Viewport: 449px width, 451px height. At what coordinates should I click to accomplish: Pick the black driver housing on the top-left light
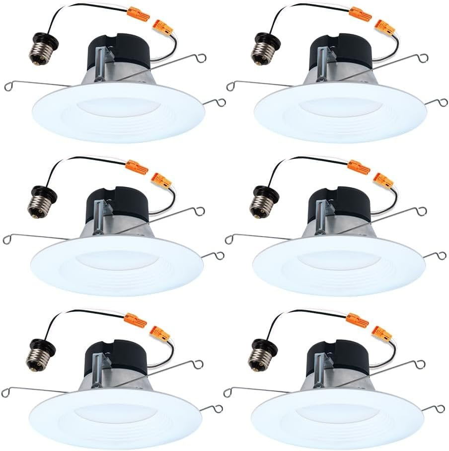(x=119, y=52)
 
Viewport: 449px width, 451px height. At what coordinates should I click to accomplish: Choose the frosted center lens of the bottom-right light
(x=338, y=413)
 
